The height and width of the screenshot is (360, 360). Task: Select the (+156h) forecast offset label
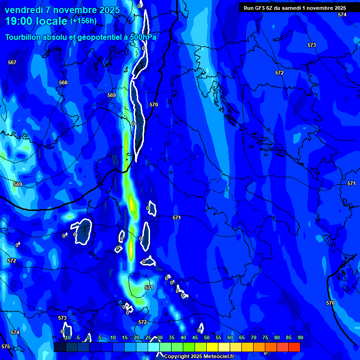(83, 21)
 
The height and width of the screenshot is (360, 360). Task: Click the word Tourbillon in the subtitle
(23, 37)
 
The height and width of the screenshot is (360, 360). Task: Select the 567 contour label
(12, 62)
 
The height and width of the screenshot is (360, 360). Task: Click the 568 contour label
(63, 82)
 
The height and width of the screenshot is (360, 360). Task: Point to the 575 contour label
(5, 346)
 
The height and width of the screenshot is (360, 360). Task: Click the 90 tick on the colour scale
(300, 337)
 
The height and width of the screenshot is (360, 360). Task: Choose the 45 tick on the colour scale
(195, 337)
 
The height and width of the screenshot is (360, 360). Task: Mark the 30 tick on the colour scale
(160, 337)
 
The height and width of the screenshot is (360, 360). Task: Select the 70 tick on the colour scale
(254, 337)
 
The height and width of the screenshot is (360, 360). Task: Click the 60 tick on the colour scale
(230, 337)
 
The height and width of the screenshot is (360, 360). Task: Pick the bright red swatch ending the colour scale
(294, 347)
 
